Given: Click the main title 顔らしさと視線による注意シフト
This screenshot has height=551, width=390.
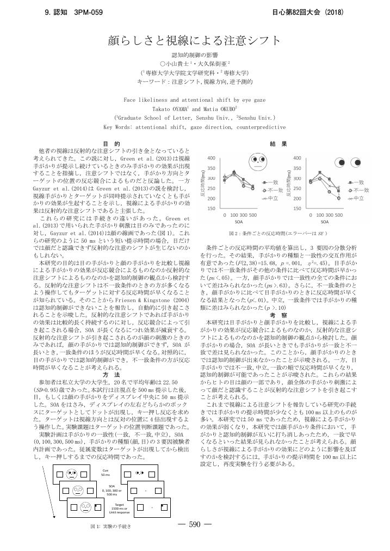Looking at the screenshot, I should point(195,41).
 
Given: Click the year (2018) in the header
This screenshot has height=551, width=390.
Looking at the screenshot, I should point(331,12).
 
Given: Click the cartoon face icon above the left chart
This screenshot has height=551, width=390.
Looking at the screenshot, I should point(256,161).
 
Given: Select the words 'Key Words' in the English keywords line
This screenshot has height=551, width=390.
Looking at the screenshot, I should point(115,126).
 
